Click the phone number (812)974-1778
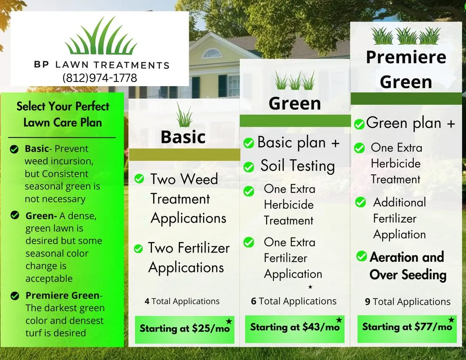click(99, 78)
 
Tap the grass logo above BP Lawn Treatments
click(101, 37)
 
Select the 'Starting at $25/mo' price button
click(185, 328)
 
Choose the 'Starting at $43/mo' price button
click(295, 327)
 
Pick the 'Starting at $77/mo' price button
click(407, 327)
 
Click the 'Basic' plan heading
click(183, 137)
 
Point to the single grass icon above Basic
click(185, 115)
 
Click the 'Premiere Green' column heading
click(406, 69)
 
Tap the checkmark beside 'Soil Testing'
click(249, 167)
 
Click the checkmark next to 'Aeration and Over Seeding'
click(362, 256)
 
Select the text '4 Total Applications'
click(182, 301)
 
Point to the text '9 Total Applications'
click(408, 302)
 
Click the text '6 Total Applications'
click(294, 301)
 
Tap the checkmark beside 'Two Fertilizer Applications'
click(138, 249)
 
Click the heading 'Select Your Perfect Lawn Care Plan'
click(63, 114)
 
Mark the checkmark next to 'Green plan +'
click(359, 124)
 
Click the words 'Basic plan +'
click(298, 143)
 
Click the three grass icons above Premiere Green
click(406, 35)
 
